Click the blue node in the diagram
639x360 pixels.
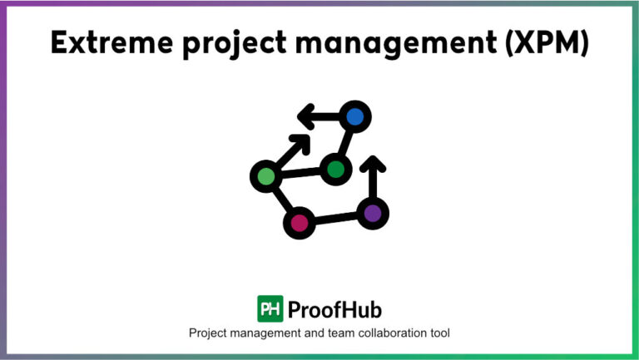click(x=355, y=117)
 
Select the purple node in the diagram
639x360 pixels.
click(x=372, y=213)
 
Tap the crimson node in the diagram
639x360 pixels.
click(x=300, y=222)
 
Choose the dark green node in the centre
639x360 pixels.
click(x=335, y=170)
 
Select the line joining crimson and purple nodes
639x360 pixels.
click(x=335, y=218)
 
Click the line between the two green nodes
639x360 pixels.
click(x=300, y=173)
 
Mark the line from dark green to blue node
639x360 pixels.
click(x=345, y=143)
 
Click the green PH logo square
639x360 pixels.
click(x=270, y=309)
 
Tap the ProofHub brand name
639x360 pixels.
click(x=334, y=310)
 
